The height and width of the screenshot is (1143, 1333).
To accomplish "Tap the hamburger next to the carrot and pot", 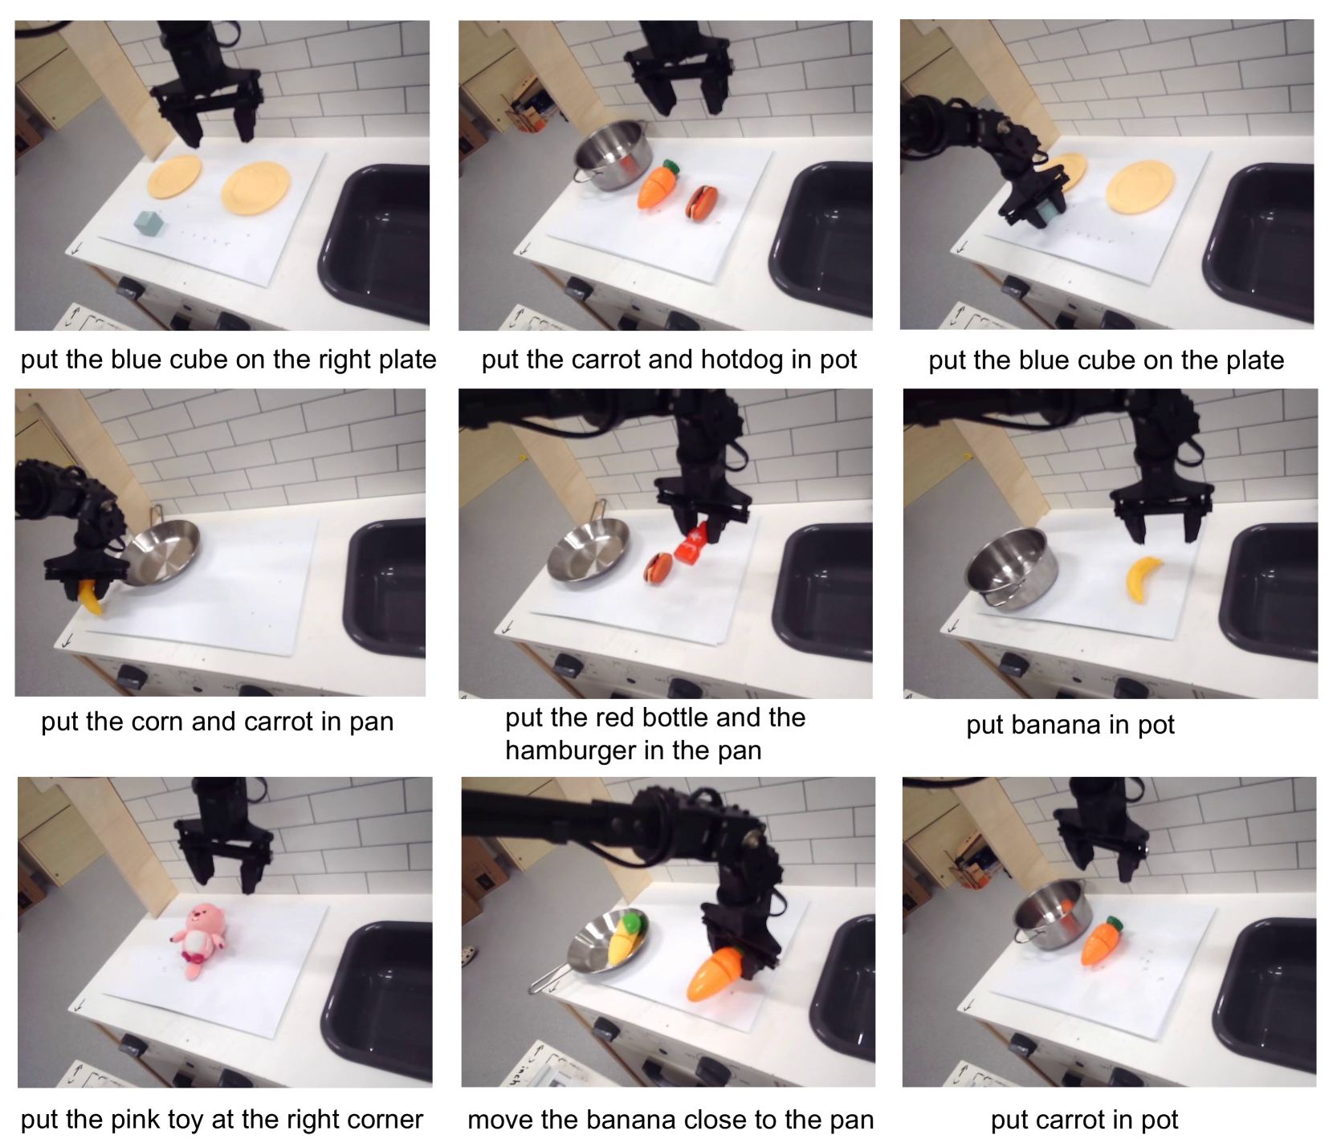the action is pos(701,203).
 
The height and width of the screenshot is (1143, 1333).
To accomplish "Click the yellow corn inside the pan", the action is pos(626,938).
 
